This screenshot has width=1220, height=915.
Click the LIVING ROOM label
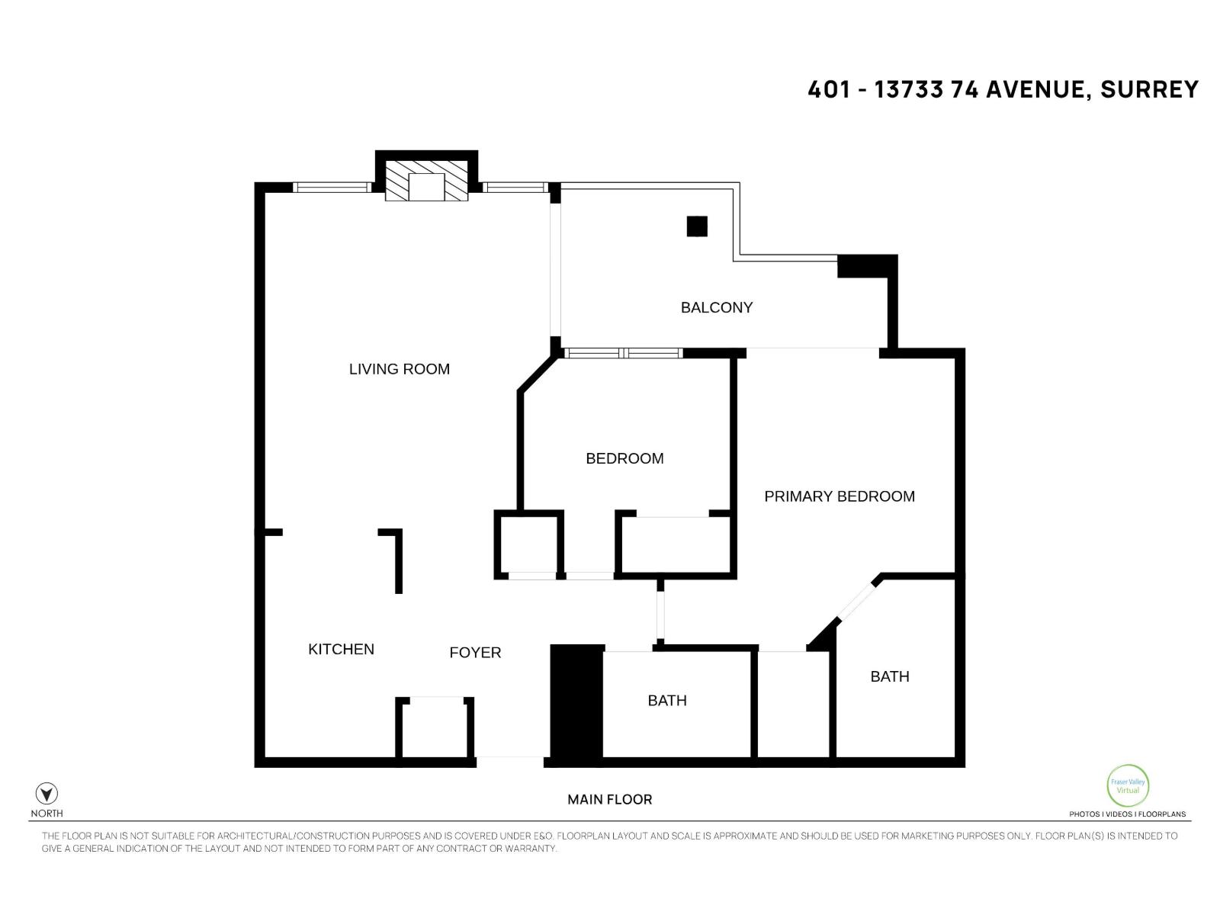click(x=399, y=369)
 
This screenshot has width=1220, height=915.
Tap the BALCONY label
click(x=716, y=307)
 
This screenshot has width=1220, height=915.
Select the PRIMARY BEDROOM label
click(x=839, y=496)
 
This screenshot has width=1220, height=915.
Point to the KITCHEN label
click(x=341, y=649)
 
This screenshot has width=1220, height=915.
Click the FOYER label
click(x=475, y=653)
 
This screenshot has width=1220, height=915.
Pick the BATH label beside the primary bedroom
click(x=889, y=676)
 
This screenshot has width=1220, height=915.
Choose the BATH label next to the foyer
click(x=666, y=700)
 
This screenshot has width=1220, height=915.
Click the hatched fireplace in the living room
click(x=426, y=181)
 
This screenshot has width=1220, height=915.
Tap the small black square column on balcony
click(x=697, y=226)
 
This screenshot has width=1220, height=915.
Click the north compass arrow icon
click(x=47, y=794)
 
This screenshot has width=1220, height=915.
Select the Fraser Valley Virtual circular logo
click(x=1127, y=785)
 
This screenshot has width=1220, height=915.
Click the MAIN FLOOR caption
click(x=609, y=799)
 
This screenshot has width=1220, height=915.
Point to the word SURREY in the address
click(x=1149, y=90)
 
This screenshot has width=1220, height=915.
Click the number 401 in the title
click(x=828, y=90)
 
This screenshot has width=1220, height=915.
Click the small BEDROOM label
click(x=624, y=458)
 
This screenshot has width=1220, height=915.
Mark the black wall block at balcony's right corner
click(x=866, y=266)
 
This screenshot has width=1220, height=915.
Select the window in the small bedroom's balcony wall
click(x=624, y=353)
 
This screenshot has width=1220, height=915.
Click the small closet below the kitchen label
click(x=435, y=728)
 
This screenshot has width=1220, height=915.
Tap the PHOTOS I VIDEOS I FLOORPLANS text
click(x=1127, y=814)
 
